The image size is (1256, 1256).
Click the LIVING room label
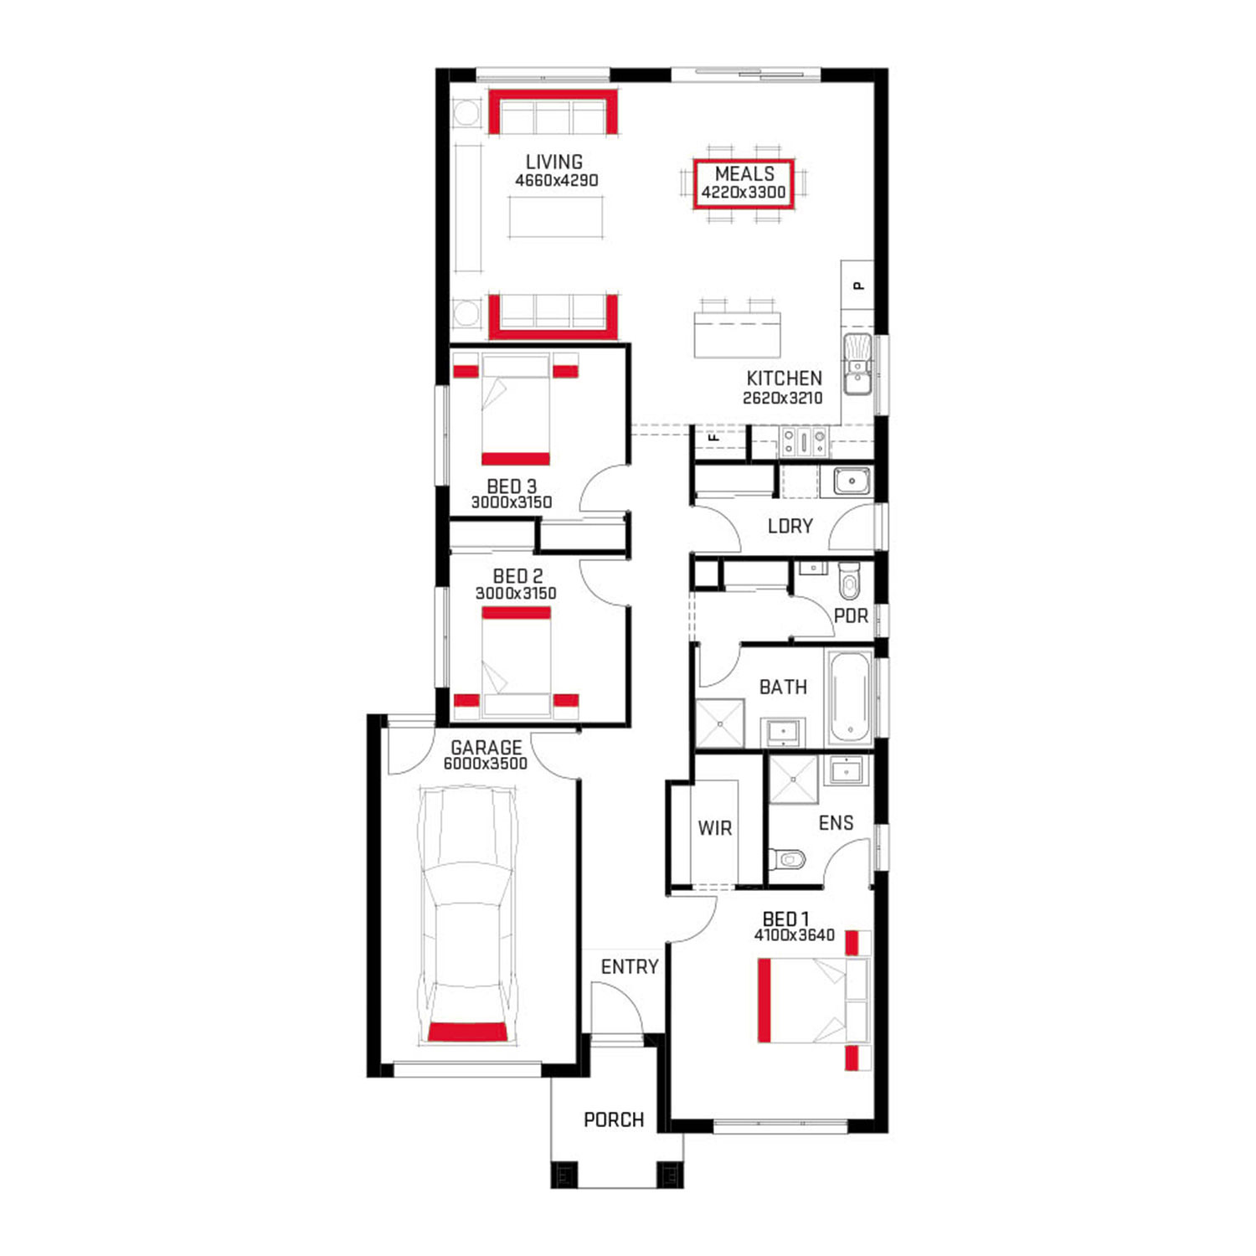pyautogui.click(x=553, y=162)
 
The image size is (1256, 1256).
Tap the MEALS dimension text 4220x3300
pyautogui.click(x=744, y=193)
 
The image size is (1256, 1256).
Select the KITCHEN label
pyautogui.click(x=784, y=378)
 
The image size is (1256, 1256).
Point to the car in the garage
pyautogui.click(x=467, y=915)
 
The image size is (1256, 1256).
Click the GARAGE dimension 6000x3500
pyautogui.click(x=486, y=764)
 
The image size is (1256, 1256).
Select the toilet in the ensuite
pyautogui.click(x=787, y=859)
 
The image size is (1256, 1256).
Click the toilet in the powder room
pyautogui.click(x=849, y=579)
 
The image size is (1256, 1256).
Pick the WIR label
pyautogui.click(x=714, y=828)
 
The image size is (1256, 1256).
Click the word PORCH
pyautogui.click(x=614, y=1120)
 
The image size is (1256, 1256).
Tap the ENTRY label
pyautogui.click(x=630, y=967)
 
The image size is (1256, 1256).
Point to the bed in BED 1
pyautogui.click(x=814, y=1001)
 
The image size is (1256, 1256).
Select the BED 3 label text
pyautogui.click(x=512, y=486)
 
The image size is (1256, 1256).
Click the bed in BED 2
pyautogui.click(x=516, y=661)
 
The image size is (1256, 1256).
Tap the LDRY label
pyautogui.click(x=790, y=526)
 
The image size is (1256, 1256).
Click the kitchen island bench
pyautogui.click(x=737, y=334)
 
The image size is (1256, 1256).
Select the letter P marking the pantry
pyautogui.click(x=858, y=286)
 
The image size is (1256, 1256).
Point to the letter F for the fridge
pyautogui.click(x=714, y=436)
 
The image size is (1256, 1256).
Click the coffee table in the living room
pyautogui.click(x=556, y=217)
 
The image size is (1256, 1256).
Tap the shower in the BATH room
pyautogui.click(x=720, y=723)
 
